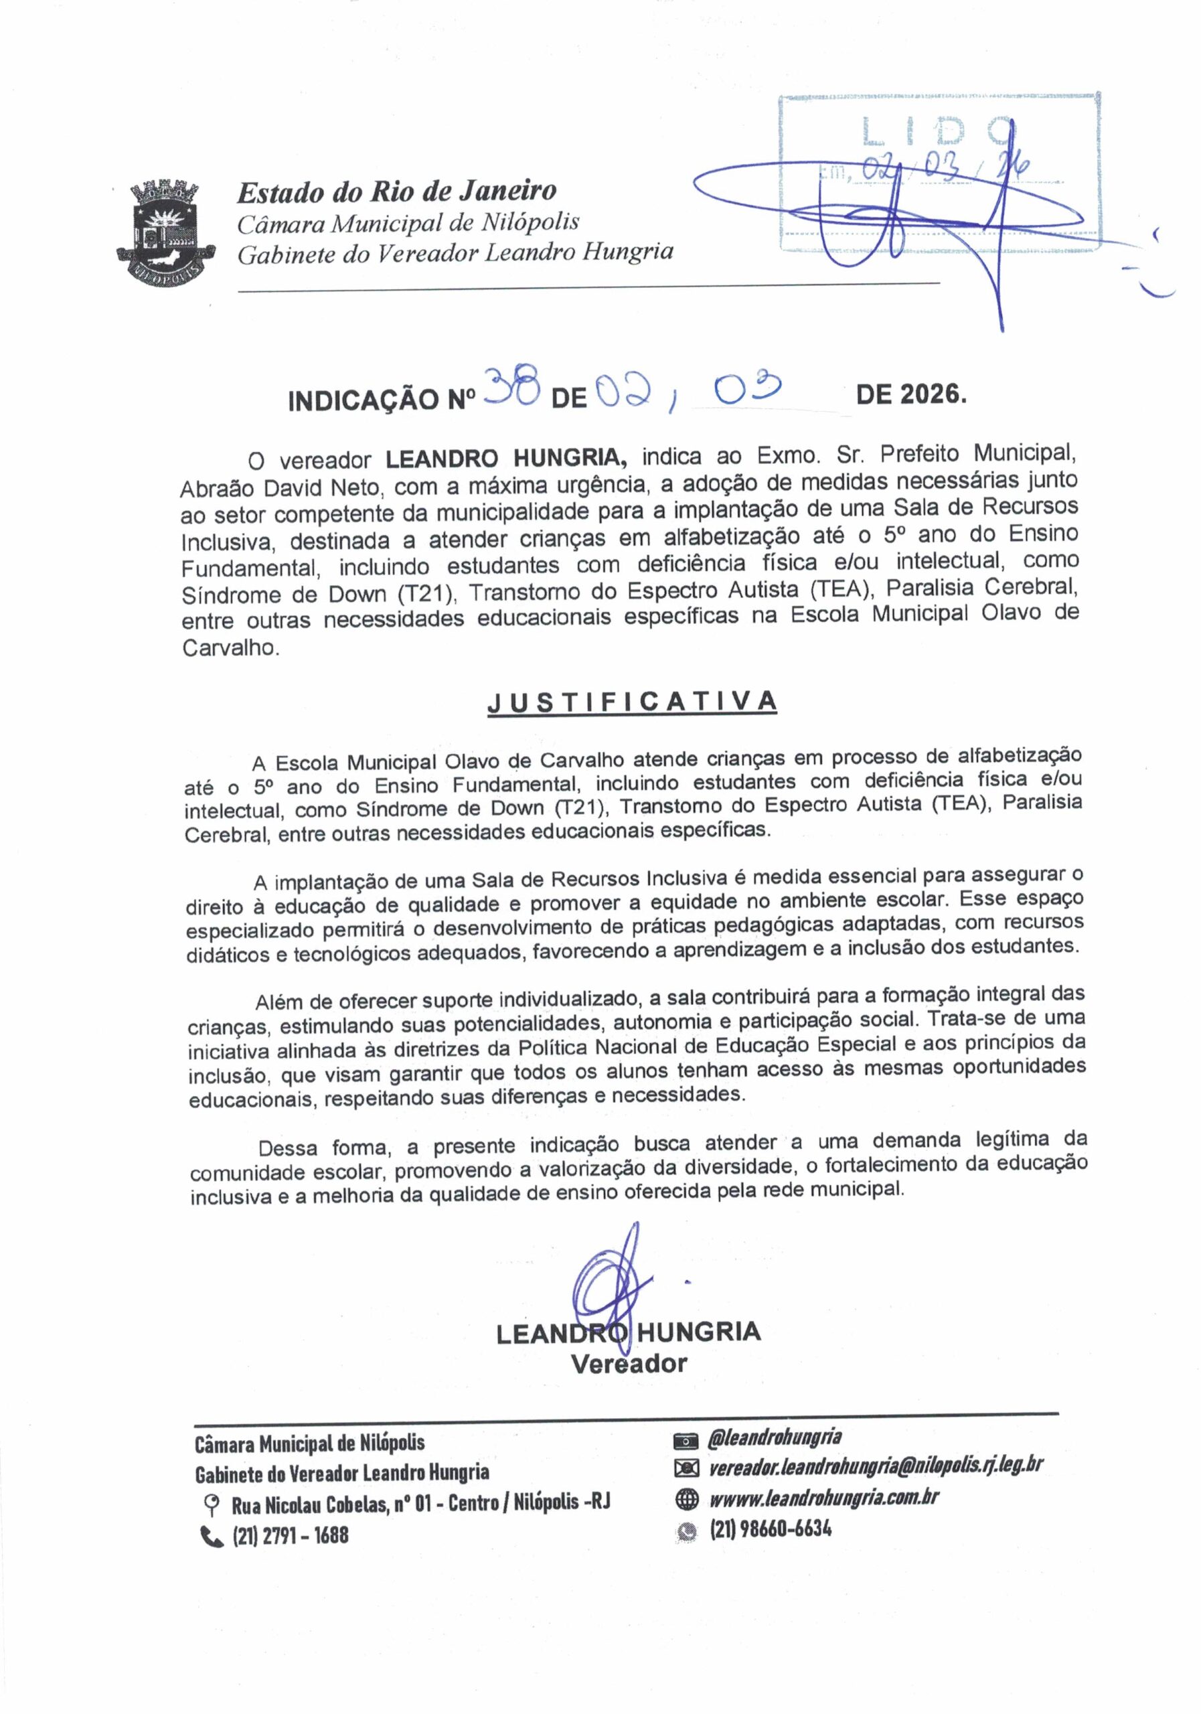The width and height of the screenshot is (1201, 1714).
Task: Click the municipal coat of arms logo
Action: click(167, 231)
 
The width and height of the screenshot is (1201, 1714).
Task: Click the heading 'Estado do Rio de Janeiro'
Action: click(396, 192)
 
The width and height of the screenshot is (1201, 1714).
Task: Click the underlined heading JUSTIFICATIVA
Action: click(631, 702)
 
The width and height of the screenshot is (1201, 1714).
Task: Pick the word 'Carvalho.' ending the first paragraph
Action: click(232, 647)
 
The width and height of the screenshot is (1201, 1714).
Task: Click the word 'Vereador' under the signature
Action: click(629, 1364)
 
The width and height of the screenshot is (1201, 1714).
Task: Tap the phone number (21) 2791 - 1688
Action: click(291, 1535)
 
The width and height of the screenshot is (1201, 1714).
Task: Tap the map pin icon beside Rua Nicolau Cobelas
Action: click(212, 1504)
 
